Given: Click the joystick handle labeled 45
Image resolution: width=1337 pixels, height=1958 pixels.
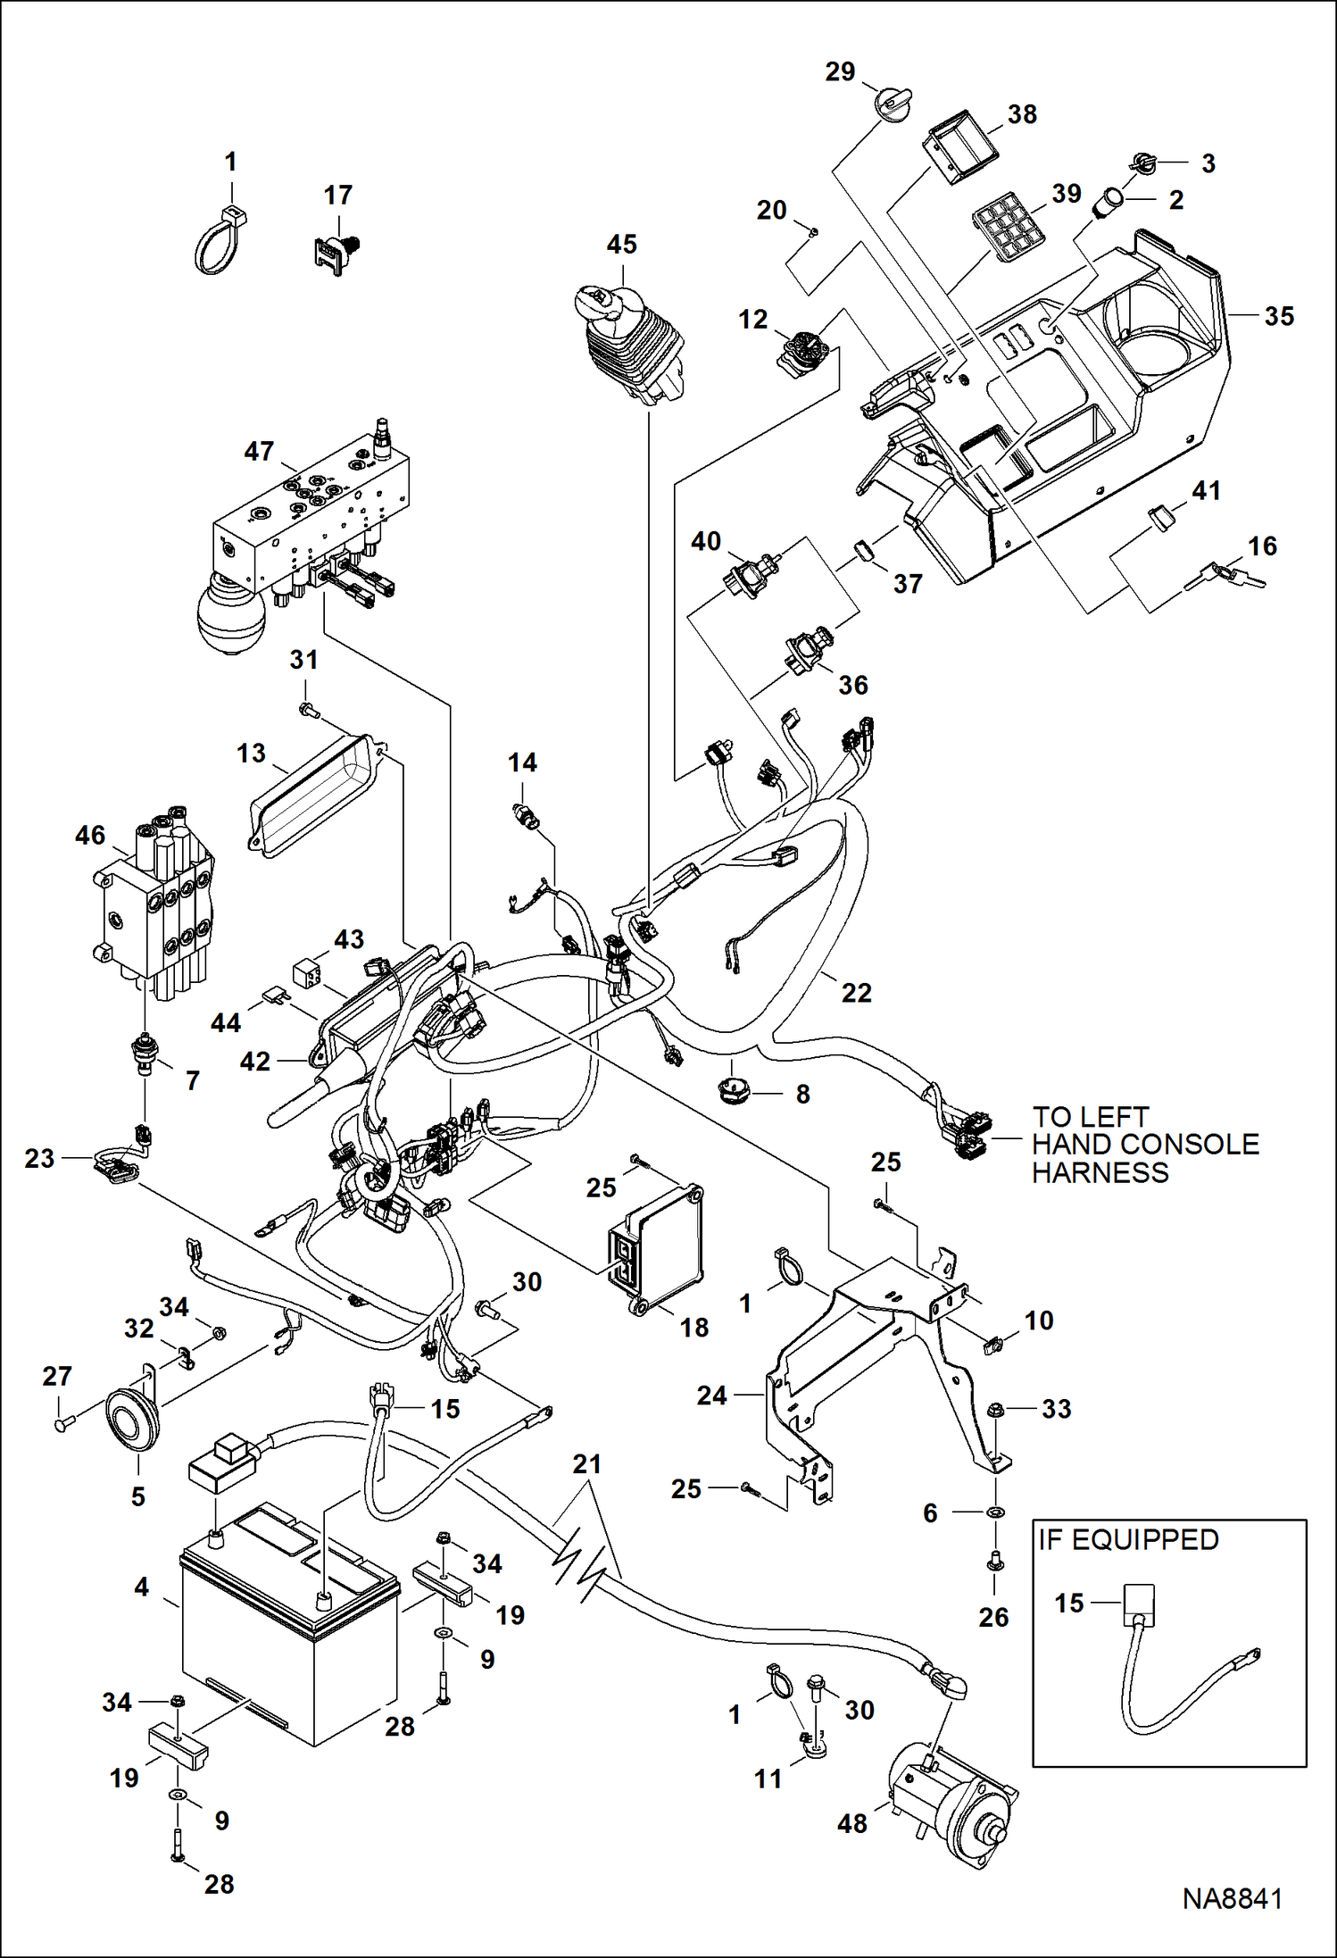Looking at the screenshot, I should coord(629,344).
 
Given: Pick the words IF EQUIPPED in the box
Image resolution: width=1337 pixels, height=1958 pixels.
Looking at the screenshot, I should coord(1128,1540).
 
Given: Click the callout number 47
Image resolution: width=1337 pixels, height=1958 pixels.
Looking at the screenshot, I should coord(259,452).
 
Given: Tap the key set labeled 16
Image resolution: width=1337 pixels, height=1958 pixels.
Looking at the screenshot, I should coord(1225,573).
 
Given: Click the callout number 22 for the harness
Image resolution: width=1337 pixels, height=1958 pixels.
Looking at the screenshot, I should coord(856,992).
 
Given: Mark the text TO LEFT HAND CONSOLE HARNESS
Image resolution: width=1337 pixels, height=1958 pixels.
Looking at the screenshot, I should coord(1144,1145).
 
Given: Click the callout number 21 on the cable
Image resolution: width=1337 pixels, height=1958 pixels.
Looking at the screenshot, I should coord(586,1464).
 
